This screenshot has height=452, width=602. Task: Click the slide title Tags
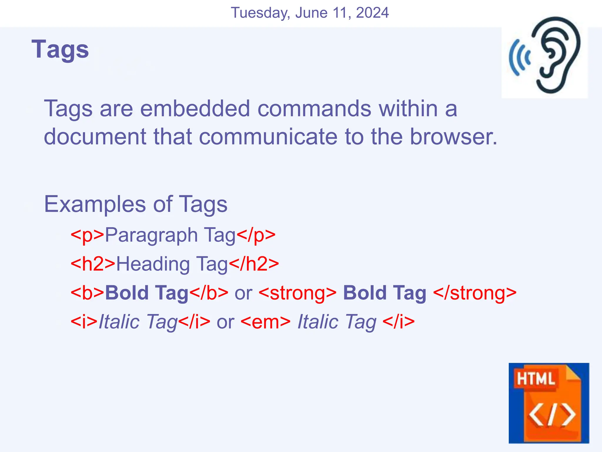click(60, 49)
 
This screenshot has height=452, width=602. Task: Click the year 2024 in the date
click(372, 13)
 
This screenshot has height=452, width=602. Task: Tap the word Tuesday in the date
click(260, 13)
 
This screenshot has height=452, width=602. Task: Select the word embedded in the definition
click(195, 109)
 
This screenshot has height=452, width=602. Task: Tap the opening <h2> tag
click(93, 264)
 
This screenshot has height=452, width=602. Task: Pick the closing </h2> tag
click(254, 264)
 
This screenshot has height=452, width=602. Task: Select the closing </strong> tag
click(475, 293)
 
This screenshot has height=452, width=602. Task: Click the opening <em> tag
click(265, 322)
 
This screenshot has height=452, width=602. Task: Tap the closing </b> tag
click(209, 293)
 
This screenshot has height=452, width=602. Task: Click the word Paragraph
click(151, 235)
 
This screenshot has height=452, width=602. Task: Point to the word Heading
click(153, 264)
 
